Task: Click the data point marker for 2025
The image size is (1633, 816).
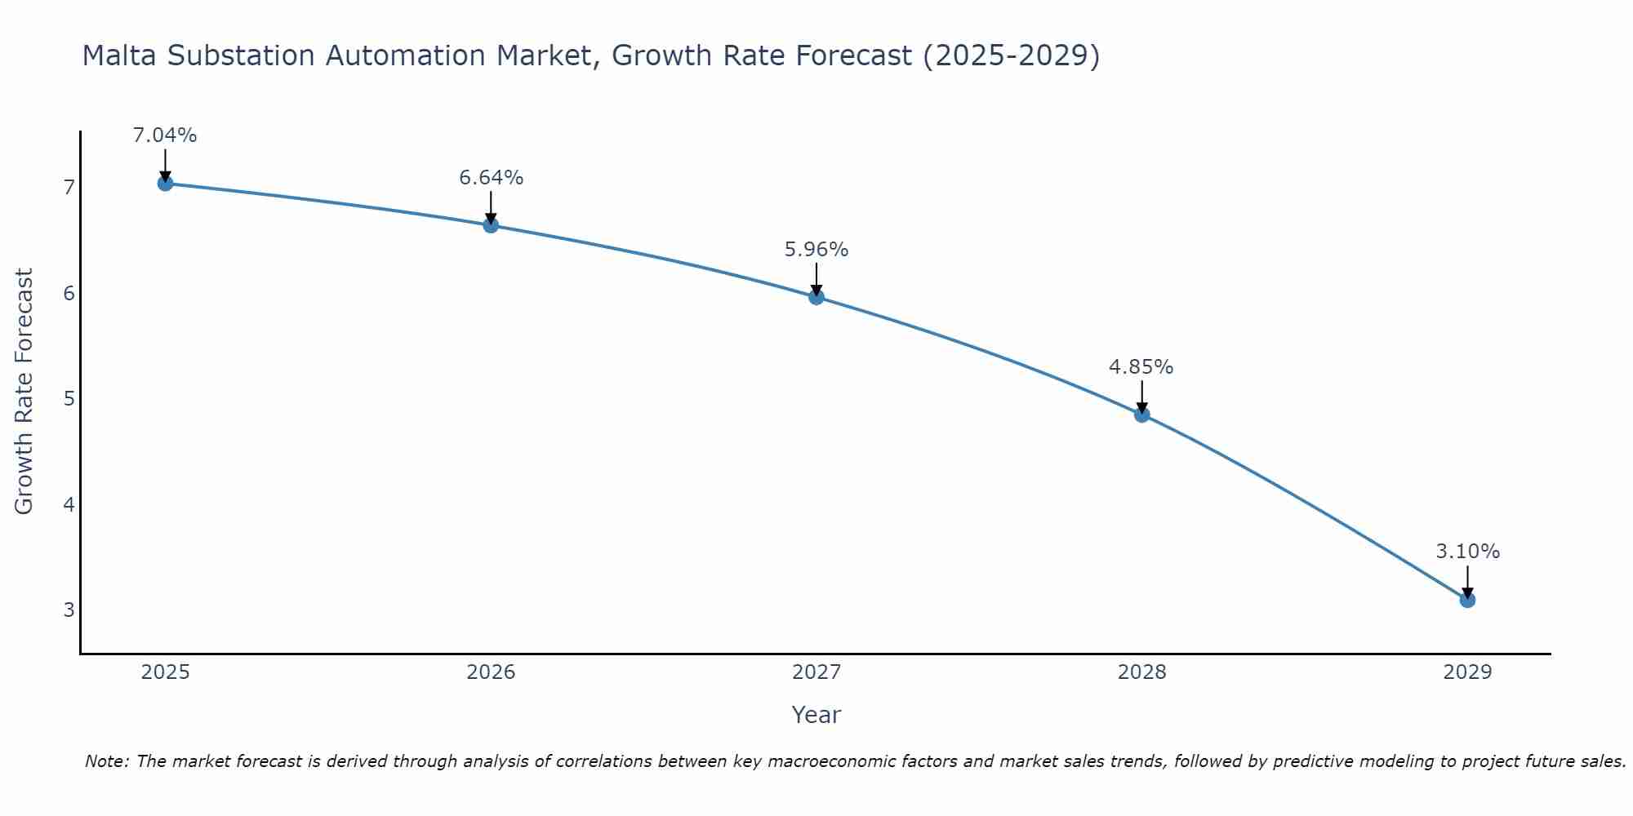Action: click(165, 183)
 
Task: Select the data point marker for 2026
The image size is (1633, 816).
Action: click(491, 225)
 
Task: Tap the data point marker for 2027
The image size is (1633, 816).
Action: click(816, 297)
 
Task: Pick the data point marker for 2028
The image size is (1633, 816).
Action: click(1141, 415)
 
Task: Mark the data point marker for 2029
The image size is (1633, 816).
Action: click(1467, 600)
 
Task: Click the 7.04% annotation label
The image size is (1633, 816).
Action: click(165, 135)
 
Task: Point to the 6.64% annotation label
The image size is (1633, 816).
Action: click(491, 178)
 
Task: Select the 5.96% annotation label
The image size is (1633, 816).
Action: click(816, 250)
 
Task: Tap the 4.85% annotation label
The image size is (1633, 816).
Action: click(1141, 367)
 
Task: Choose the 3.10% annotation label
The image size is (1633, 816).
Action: click(1467, 552)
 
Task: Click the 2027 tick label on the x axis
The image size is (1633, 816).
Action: click(816, 672)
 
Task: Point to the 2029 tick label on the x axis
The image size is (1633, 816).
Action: click(1467, 672)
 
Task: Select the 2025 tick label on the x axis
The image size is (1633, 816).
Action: click(165, 672)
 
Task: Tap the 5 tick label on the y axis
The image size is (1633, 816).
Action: click(69, 399)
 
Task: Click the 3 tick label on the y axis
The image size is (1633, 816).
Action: click(69, 610)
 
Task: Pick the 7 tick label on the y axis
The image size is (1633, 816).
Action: click(69, 188)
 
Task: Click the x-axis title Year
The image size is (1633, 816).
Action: click(816, 715)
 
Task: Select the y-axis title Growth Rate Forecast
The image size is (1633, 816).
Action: click(24, 392)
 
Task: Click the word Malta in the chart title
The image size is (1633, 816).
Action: click(119, 55)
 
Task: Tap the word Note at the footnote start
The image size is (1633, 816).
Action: click(106, 761)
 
